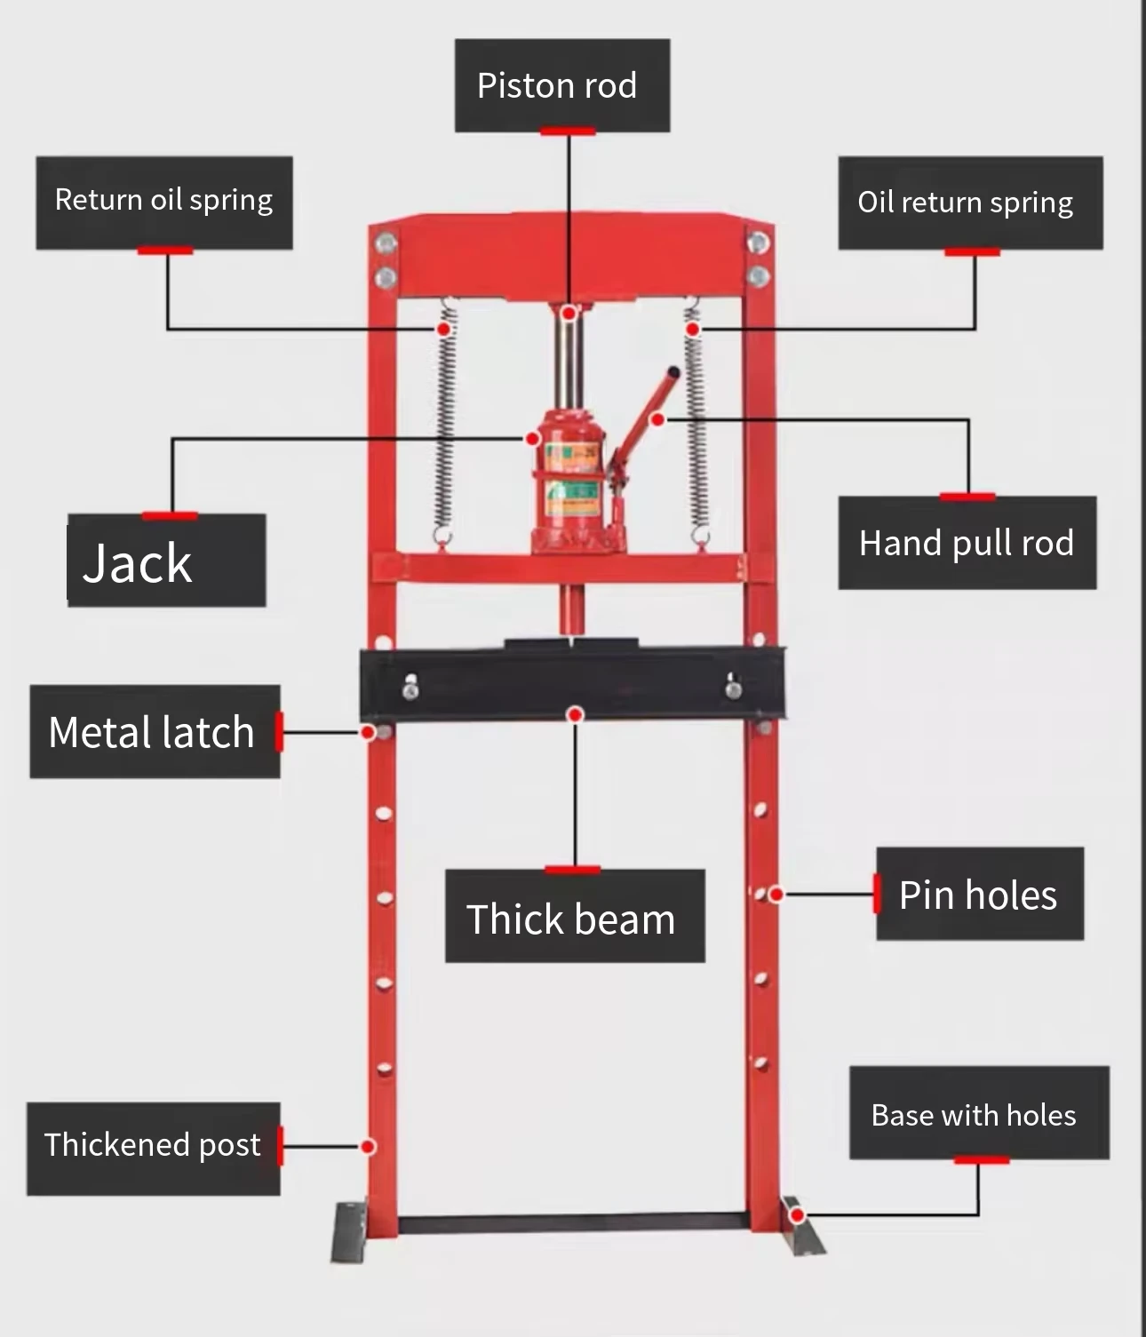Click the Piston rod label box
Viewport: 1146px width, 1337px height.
coord(562,85)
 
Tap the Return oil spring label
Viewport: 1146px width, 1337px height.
coord(164,203)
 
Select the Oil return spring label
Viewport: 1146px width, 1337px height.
coord(971,203)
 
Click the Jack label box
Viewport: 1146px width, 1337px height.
coord(167,561)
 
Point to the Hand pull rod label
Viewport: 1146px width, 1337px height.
coord(967,543)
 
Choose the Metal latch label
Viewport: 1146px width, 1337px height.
coord(155,731)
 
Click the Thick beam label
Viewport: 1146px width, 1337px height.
coord(575,916)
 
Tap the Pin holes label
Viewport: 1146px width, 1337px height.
coord(980,894)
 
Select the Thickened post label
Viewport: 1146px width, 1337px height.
coord(154,1149)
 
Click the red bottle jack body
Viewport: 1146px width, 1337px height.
coord(570,481)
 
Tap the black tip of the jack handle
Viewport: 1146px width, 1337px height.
coord(673,373)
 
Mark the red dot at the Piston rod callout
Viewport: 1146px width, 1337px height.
coord(569,314)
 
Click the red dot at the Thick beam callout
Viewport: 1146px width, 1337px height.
coord(574,715)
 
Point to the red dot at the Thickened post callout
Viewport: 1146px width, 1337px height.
coord(368,1147)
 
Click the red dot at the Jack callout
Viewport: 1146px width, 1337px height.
coord(532,439)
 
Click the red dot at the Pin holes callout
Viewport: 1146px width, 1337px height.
coord(776,895)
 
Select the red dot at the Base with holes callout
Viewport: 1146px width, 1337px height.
coord(798,1215)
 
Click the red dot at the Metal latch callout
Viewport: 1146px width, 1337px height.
coord(367,733)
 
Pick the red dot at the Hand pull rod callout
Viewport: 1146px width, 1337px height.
coord(657,420)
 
